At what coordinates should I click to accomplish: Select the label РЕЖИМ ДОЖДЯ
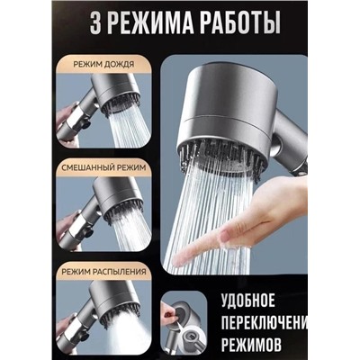[x=103, y=64]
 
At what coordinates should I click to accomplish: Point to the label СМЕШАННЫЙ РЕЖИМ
[x=103, y=167]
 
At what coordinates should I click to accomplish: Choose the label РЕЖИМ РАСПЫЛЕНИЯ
[x=103, y=272]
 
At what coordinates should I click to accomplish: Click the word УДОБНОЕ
[x=248, y=301]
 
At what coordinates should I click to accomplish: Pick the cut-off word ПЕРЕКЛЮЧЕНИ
[x=265, y=321]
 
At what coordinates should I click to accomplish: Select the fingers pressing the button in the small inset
[x=168, y=313]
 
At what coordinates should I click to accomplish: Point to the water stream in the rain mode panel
[x=129, y=129]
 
